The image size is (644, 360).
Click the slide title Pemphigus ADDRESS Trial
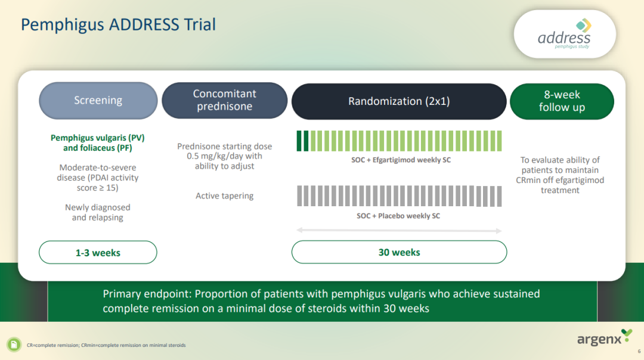118,24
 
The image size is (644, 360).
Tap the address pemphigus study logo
565,34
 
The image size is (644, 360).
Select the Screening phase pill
98,101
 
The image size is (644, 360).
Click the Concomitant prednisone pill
225,100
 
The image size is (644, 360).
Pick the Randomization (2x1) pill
399,101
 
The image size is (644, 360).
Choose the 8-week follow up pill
562,101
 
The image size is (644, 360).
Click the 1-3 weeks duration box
98,253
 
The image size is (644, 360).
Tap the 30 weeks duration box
399,252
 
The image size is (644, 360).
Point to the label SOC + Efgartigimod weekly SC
401,160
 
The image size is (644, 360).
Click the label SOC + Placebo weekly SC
398,216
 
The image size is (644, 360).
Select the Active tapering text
224,196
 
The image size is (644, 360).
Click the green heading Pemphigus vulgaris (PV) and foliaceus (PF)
98,143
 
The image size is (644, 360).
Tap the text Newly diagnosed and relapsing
98,212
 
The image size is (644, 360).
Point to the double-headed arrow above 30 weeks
399,230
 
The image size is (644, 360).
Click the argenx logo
604,337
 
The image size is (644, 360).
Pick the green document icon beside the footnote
14,345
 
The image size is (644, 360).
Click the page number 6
639,352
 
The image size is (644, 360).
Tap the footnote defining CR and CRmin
106,345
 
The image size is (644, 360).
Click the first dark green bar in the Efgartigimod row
299,141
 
